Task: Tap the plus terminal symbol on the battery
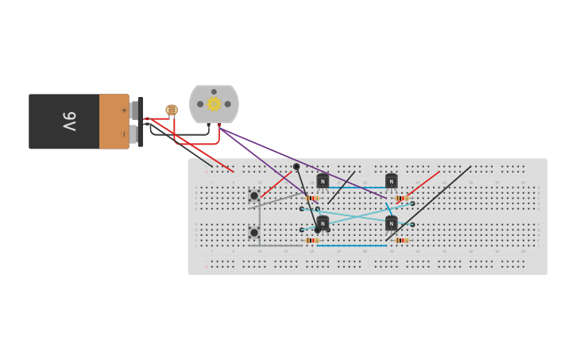point(123,110)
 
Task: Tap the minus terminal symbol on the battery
point(123,134)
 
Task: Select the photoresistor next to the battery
point(172,110)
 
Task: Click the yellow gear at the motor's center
point(214,104)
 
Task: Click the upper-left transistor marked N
point(323,181)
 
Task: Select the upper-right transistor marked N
point(391,181)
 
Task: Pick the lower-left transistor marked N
point(323,223)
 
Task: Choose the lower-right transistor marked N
point(391,223)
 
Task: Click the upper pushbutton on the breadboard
point(254,195)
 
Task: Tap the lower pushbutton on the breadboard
point(254,233)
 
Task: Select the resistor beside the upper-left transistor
point(311,199)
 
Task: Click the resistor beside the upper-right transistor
point(401,199)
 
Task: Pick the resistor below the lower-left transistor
point(311,240)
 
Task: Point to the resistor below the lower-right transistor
point(401,240)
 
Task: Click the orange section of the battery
point(114,121)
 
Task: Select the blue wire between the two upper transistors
point(358,188)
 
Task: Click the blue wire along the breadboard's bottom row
point(358,246)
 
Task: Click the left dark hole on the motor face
point(200,104)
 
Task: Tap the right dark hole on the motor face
point(227,104)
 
